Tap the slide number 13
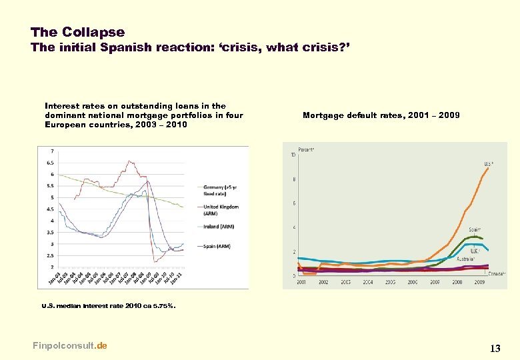click(495, 348)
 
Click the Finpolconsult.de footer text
click(69, 345)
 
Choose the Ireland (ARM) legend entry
click(219, 227)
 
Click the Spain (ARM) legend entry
click(217, 247)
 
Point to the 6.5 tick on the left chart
click(50, 163)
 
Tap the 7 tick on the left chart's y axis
click(52, 151)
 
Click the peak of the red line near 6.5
click(127, 161)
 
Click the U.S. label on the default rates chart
click(489, 164)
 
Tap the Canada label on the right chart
click(496, 273)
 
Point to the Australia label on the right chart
click(465, 259)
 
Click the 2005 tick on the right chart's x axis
click(389, 283)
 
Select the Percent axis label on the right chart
click(306, 149)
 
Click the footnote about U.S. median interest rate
click(108, 306)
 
